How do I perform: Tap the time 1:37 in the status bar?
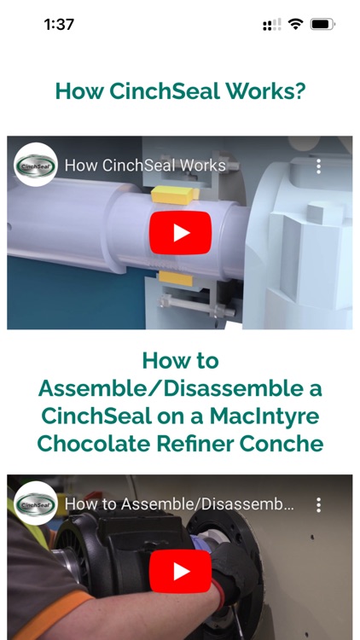59,25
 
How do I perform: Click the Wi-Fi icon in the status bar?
295,25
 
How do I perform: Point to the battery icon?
322,25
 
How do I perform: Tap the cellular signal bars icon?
272,25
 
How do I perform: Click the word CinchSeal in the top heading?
162,91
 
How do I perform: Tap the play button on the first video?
180,232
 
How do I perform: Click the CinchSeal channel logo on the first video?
36,165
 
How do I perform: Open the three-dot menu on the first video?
318,166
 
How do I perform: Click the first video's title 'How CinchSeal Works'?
145,166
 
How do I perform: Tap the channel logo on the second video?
36,503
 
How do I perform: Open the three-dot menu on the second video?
318,504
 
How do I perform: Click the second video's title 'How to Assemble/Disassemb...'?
179,504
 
